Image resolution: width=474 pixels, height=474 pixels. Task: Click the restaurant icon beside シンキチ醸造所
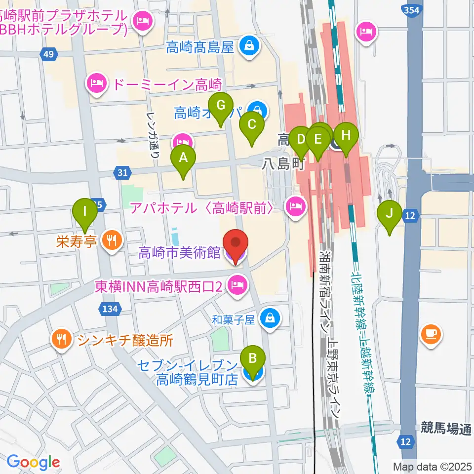coord(61,339)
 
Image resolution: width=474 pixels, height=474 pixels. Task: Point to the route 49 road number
coord(48,54)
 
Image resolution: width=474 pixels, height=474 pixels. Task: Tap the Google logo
coord(33,462)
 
